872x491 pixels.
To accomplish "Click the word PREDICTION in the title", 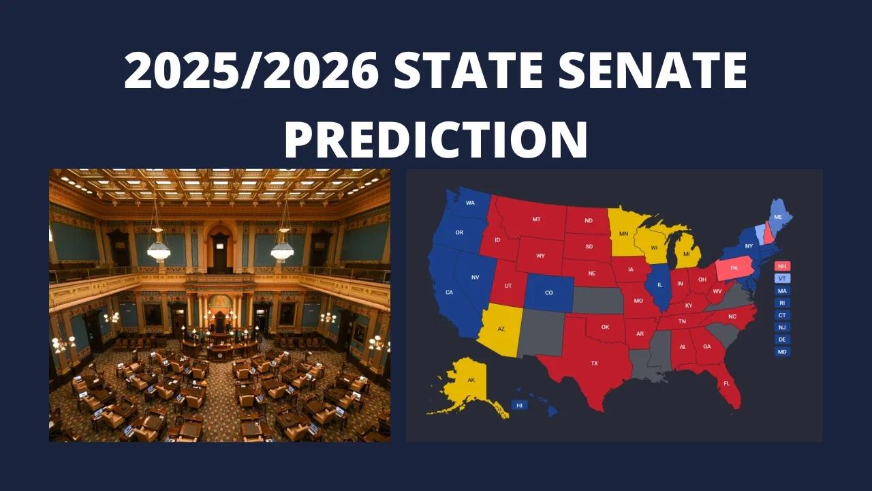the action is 436,139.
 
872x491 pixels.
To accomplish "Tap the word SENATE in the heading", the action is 653,70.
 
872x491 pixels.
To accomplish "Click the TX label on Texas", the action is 594,363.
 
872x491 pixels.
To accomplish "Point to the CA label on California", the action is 449,293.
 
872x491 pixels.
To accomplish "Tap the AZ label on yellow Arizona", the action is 501,329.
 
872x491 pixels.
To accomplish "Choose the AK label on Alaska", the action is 471,380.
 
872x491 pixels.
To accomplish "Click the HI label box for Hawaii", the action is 519,406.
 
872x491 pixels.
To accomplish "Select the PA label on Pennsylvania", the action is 734,268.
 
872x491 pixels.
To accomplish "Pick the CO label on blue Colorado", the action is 549,293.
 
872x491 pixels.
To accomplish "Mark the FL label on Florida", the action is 727,383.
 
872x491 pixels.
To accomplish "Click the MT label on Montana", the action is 536,220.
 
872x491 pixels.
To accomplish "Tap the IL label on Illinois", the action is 660,285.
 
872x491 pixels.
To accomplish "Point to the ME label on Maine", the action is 778,217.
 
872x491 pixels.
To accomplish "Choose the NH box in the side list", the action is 782,267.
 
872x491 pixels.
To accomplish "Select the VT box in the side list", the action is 782,279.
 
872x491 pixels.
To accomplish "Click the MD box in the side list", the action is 782,352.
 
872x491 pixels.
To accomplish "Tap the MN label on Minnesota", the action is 623,234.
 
